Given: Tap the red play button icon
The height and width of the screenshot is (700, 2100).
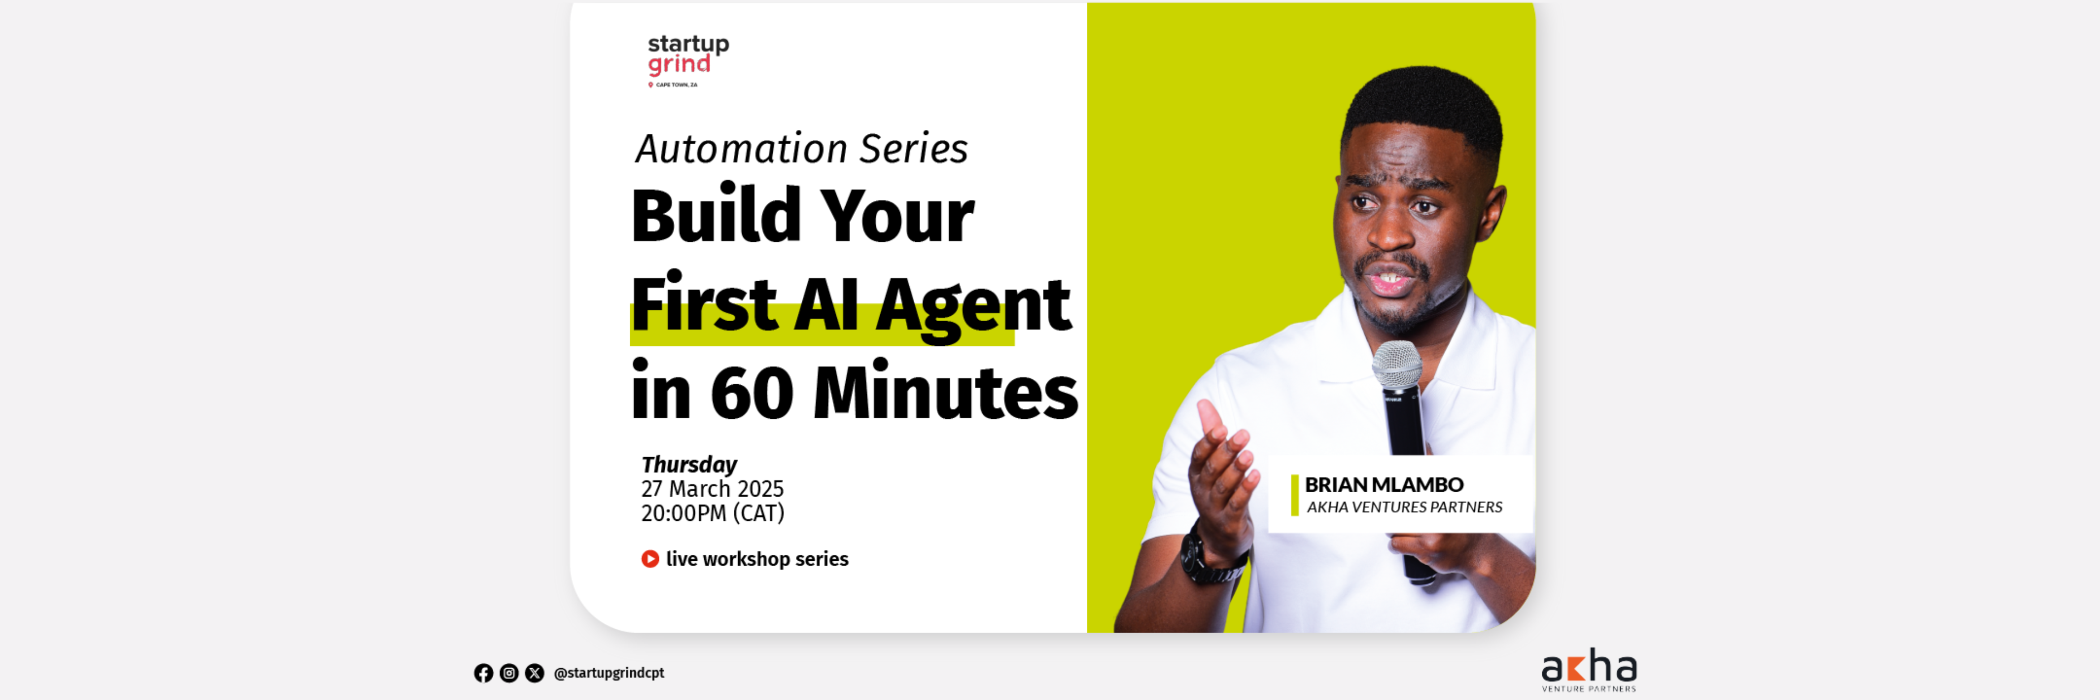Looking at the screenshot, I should pos(650,559).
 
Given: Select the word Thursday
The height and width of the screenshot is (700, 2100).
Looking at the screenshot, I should pos(689,464).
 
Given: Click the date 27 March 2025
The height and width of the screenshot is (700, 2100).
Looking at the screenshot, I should pos(712,489).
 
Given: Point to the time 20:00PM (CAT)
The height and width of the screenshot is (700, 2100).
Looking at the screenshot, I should pos(713,513).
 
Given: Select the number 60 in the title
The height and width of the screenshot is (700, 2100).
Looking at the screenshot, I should pos(752,393).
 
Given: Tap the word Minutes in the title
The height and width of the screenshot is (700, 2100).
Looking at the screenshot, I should pos(946,393).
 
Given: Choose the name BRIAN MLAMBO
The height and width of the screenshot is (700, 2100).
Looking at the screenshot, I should pos(1383,485).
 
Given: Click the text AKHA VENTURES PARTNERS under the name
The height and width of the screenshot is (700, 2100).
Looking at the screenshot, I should pos(1404,507).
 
